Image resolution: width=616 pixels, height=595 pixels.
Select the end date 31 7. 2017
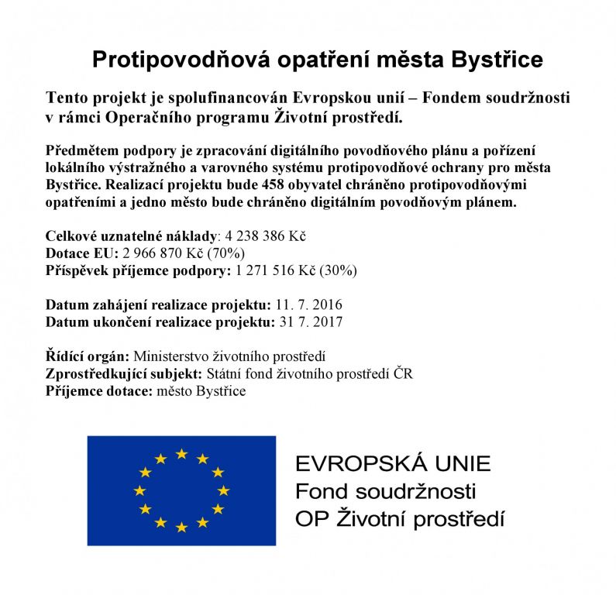click(x=309, y=322)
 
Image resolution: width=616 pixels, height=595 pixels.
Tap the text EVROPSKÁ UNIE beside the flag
click(x=393, y=464)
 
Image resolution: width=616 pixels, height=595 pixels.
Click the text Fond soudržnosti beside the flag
click(x=385, y=491)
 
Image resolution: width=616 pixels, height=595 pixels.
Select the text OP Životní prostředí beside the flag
click(x=400, y=518)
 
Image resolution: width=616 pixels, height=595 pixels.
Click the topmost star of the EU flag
click(x=181, y=454)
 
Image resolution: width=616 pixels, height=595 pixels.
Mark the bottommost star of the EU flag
click(x=181, y=528)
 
